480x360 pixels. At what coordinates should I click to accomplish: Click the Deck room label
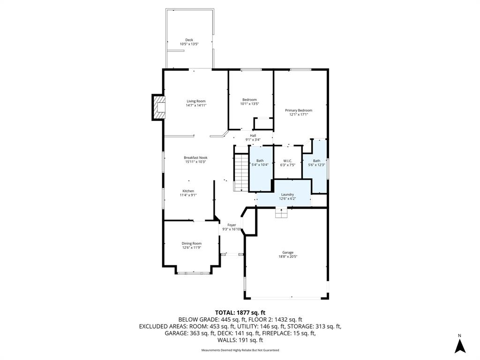189,40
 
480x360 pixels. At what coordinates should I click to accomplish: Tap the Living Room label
196,101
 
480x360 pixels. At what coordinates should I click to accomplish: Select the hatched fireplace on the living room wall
158,107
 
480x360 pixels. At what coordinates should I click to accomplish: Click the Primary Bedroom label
299,110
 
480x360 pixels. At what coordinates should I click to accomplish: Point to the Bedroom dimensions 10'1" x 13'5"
249,104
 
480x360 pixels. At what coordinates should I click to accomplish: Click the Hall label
253,135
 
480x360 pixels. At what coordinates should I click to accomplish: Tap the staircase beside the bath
241,172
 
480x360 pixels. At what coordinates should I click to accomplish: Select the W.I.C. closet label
288,161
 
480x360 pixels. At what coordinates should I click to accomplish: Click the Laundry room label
287,195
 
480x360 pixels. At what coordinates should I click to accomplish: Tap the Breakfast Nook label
195,157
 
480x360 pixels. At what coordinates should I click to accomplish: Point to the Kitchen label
188,191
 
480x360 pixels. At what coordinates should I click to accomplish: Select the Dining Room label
192,243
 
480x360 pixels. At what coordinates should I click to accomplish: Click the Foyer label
232,225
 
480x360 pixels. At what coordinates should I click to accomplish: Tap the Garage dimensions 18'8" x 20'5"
288,256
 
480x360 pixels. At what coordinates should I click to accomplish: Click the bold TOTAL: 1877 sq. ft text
240,313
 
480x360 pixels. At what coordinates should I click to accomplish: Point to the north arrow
459,346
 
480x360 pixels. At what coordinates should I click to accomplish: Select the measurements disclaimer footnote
240,350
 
